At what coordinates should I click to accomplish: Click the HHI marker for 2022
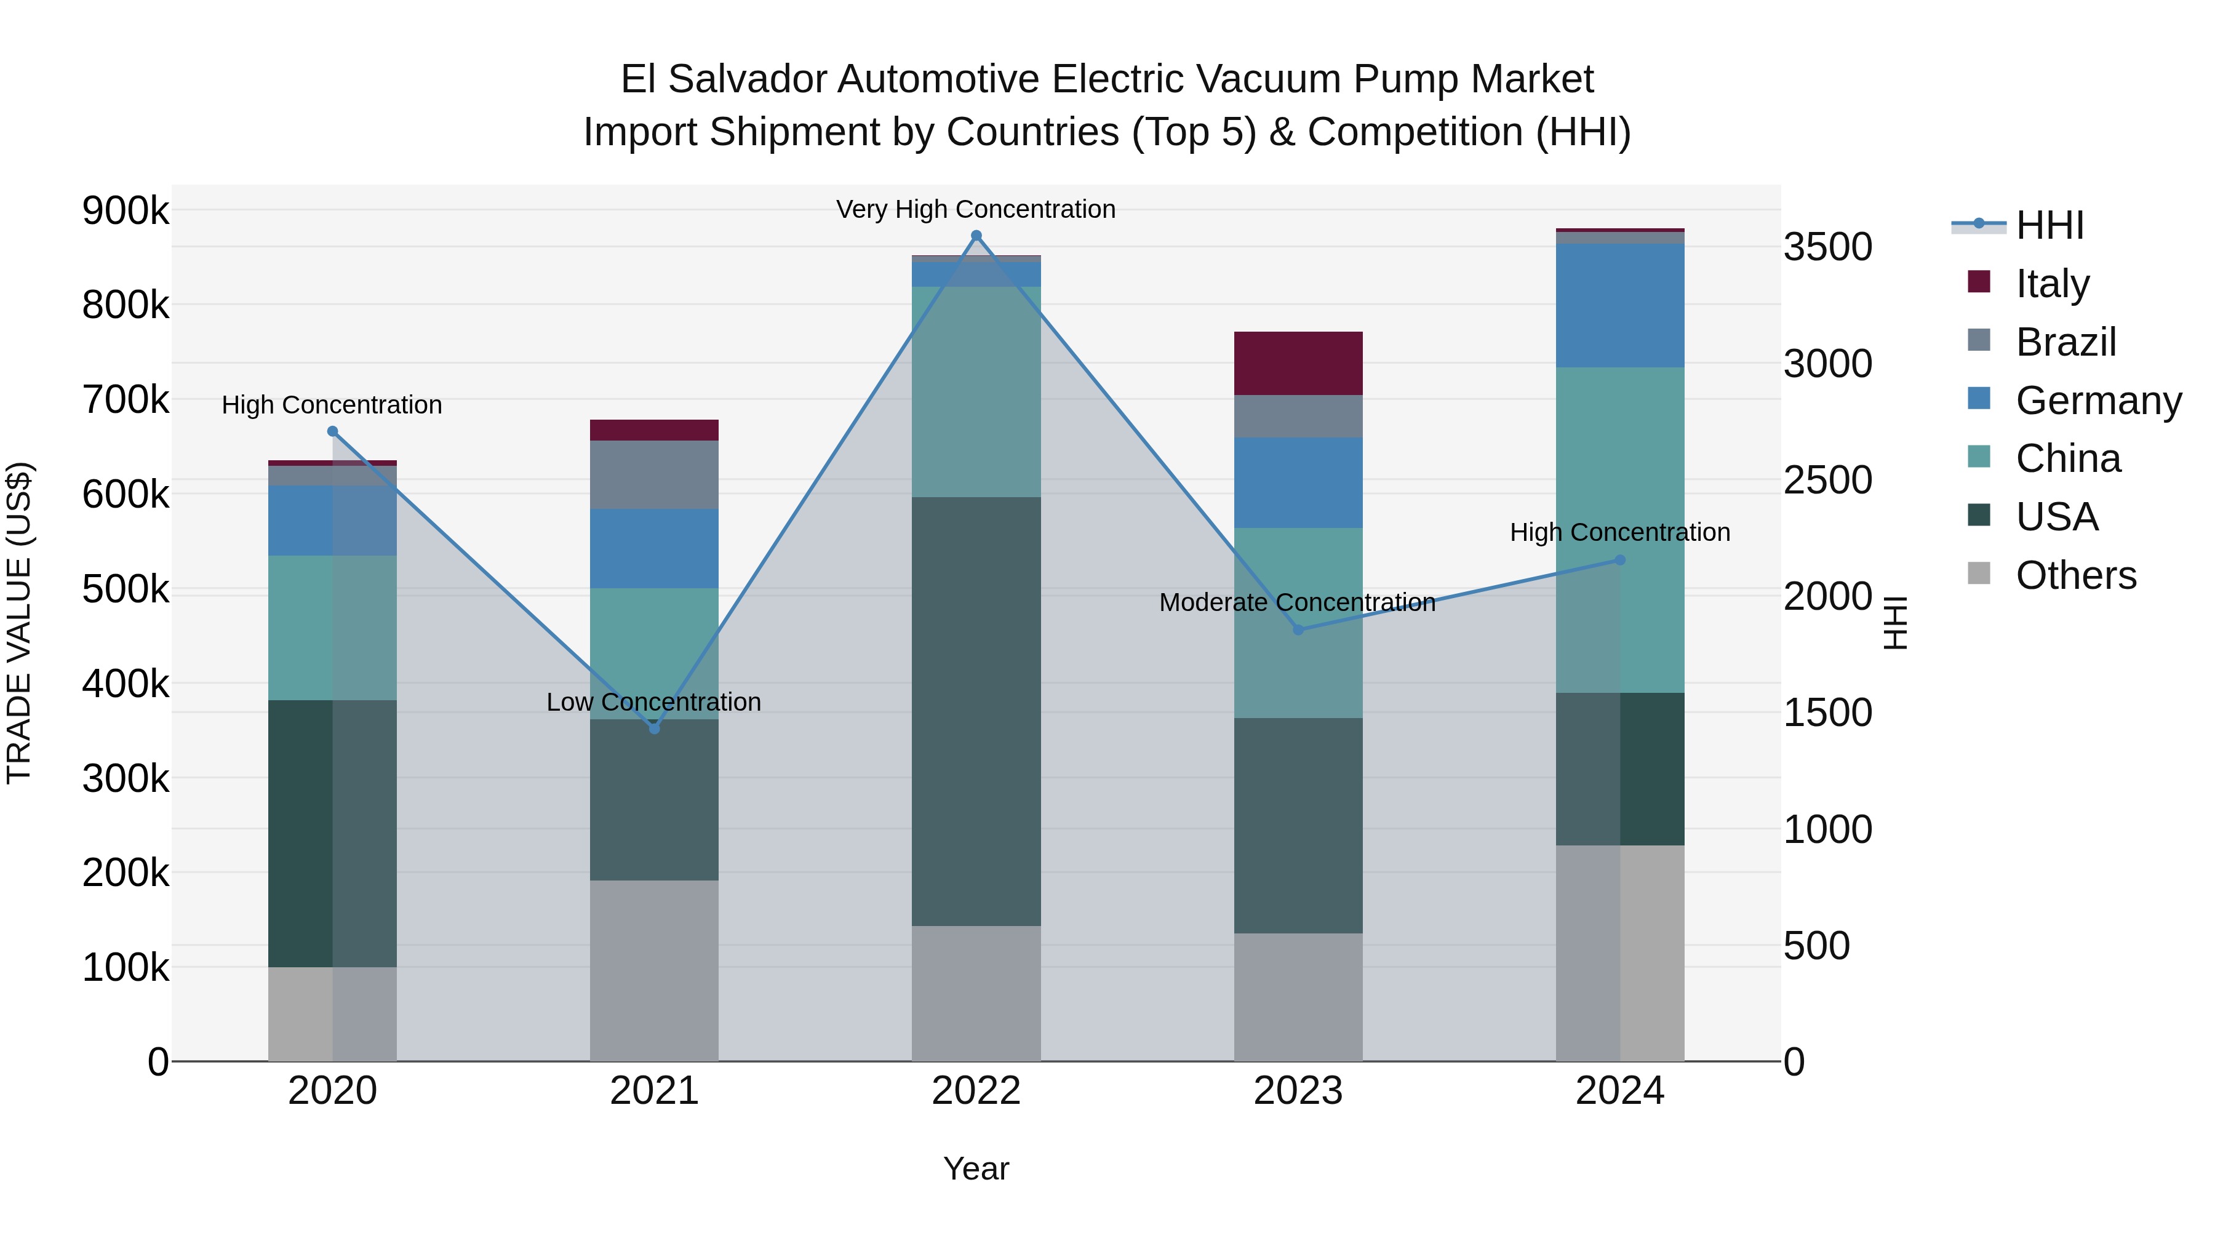pyautogui.click(x=976, y=236)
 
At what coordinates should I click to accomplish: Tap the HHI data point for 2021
pyautogui.click(x=655, y=729)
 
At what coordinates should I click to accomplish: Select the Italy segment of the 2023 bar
pyautogui.click(x=1298, y=363)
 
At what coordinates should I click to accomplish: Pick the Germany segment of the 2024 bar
pyautogui.click(x=1620, y=305)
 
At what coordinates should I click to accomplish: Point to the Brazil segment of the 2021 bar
pyautogui.click(x=655, y=474)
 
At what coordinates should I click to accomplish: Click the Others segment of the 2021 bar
pyautogui.click(x=655, y=970)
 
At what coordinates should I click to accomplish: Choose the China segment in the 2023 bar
pyautogui.click(x=1298, y=623)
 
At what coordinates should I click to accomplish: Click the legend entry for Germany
pyautogui.click(x=2098, y=401)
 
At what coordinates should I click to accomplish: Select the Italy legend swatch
pyautogui.click(x=1979, y=282)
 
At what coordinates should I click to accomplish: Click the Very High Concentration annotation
pyautogui.click(x=976, y=209)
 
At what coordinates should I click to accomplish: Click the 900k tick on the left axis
pyautogui.click(x=126, y=210)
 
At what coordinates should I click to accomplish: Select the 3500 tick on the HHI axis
pyautogui.click(x=1827, y=247)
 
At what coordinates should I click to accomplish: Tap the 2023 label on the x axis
pyautogui.click(x=1298, y=1090)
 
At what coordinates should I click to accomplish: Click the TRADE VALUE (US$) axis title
pyautogui.click(x=19, y=623)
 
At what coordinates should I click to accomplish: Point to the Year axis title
pyautogui.click(x=976, y=1168)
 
